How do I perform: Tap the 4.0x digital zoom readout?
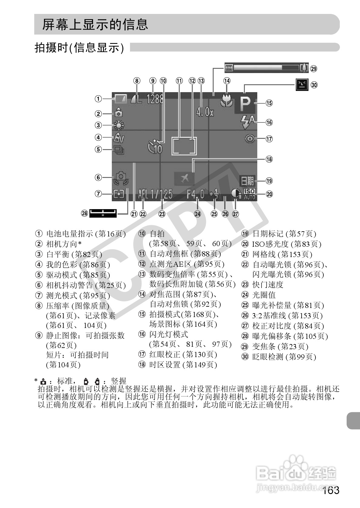pos(205,112)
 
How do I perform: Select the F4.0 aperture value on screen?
pos(195,194)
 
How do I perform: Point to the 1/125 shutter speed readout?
pos(162,194)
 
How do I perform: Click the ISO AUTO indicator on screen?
pos(249,194)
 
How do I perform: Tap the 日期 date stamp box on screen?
pos(247,181)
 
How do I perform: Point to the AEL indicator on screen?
pos(143,194)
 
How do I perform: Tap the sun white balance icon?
pos(118,125)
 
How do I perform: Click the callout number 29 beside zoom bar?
pos(314,69)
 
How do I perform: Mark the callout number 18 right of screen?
pos(269,159)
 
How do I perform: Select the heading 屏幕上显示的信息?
pos(95,25)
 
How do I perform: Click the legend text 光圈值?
pos(264,295)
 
